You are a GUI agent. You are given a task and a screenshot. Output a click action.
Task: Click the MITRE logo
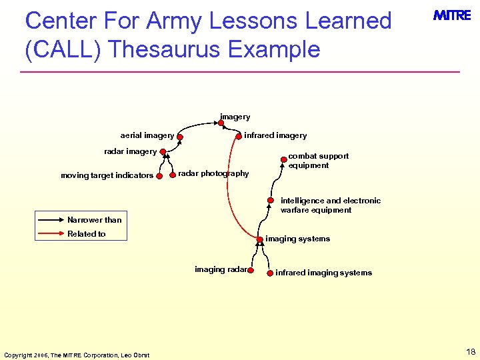click(x=452, y=16)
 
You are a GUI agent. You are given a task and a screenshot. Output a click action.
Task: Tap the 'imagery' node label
click(x=235, y=117)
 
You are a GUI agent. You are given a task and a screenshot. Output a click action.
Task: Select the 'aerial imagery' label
click(x=147, y=135)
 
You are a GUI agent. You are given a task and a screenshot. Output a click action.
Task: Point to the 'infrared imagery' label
click(x=275, y=135)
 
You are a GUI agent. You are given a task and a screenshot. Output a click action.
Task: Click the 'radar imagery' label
click(x=130, y=151)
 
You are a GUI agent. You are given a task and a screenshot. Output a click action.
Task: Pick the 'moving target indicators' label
click(x=107, y=176)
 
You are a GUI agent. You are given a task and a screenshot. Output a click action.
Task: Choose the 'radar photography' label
click(x=213, y=173)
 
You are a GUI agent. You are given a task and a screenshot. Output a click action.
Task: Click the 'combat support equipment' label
click(x=318, y=161)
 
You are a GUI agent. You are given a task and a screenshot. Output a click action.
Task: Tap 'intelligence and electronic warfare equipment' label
click(x=330, y=205)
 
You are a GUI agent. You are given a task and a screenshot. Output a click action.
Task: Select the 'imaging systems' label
click(x=297, y=239)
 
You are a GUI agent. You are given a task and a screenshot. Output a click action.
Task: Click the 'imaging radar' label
click(x=221, y=269)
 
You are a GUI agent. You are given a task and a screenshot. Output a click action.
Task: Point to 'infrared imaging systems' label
click(x=323, y=273)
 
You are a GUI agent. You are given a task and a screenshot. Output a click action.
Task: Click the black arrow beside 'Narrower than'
click(x=51, y=219)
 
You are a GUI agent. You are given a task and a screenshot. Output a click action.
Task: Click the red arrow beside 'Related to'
click(x=51, y=234)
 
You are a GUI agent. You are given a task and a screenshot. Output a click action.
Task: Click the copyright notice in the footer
click(x=77, y=355)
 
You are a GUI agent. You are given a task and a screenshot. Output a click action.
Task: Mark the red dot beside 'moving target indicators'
click(x=159, y=176)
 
